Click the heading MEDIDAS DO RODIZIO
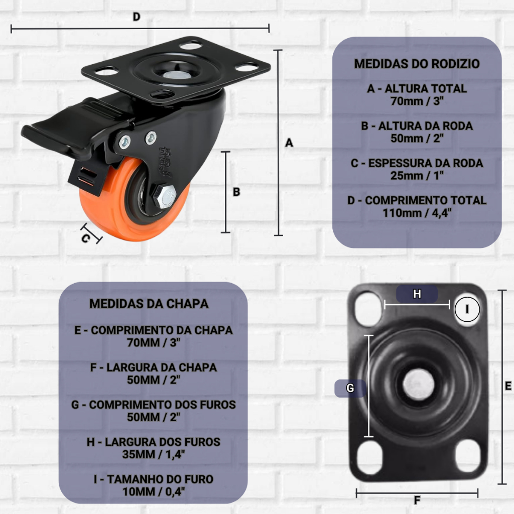[x=417, y=64]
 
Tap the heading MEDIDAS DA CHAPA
[x=149, y=304]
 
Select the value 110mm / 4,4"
[x=417, y=213]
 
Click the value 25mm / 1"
[x=417, y=176]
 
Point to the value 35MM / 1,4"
[x=154, y=454]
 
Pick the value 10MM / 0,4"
[x=154, y=492]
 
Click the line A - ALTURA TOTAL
[x=417, y=89]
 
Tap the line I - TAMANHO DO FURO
[x=154, y=479]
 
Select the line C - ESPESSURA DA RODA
[x=417, y=163]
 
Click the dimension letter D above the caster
[x=137, y=17]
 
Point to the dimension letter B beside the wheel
[x=236, y=192]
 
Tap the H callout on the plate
[x=417, y=294]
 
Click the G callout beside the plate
[x=350, y=388]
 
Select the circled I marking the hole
[x=467, y=309]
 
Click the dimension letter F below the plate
[x=417, y=500]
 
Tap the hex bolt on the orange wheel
[x=165, y=196]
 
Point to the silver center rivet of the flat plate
[x=418, y=384]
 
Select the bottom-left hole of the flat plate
[x=369, y=458]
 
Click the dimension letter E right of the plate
[x=508, y=386]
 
